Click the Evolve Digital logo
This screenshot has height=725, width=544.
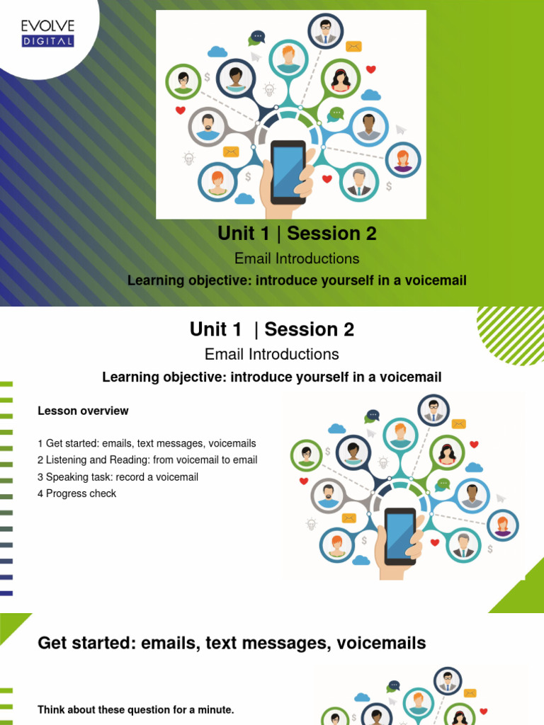(47, 33)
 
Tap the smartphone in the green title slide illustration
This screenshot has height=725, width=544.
(289, 172)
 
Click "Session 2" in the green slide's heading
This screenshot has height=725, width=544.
(332, 233)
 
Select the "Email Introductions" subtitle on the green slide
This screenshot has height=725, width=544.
(297, 258)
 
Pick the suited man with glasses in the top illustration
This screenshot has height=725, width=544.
(325, 30)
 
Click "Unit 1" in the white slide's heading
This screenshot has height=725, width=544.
(216, 329)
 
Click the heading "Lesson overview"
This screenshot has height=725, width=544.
(83, 411)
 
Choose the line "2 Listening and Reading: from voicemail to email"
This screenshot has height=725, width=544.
(147, 460)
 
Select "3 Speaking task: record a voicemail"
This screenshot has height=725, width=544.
(118, 477)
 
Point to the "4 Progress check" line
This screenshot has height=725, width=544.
(76, 493)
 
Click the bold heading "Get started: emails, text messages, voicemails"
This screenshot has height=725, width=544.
(232, 643)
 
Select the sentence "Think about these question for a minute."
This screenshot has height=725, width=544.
(135, 709)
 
